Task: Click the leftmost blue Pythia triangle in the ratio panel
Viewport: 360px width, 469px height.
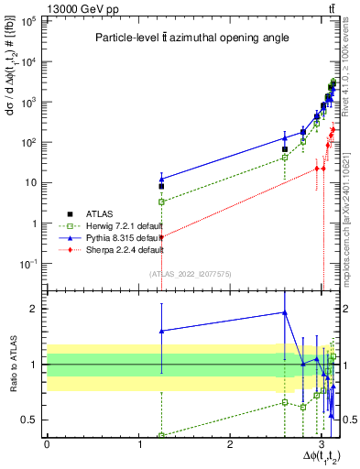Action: (x=161, y=331)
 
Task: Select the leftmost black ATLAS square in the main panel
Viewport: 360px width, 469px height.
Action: (x=161, y=186)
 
